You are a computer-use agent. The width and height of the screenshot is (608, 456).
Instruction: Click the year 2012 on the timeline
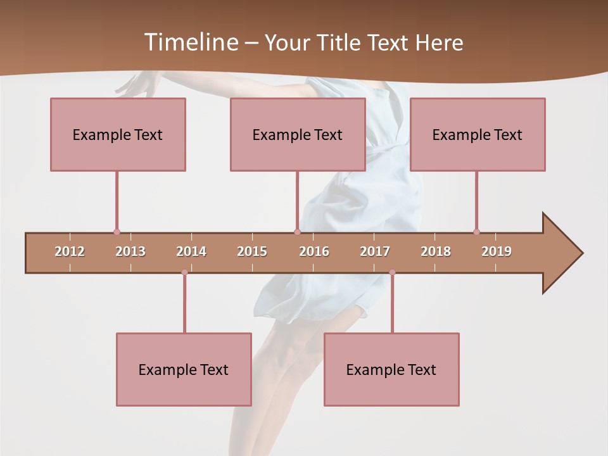(x=70, y=251)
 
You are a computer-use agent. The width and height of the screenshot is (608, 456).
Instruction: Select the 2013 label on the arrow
(x=130, y=251)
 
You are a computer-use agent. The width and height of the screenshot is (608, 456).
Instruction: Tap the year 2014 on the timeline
(x=191, y=251)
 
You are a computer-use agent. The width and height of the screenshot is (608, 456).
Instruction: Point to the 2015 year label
(x=252, y=251)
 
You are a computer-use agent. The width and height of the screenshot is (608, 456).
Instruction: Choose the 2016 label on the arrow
(x=314, y=251)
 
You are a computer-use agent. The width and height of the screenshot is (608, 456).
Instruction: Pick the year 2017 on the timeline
(x=375, y=251)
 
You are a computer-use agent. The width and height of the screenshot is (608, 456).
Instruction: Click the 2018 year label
(x=436, y=251)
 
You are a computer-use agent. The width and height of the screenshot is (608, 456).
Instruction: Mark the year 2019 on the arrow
(x=497, y=251)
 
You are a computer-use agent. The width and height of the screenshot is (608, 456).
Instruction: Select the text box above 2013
(x=118, y=134)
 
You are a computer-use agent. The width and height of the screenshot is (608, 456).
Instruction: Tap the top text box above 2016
(x=298, y=134)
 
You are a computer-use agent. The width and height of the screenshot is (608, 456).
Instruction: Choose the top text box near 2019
(x=478, y=134)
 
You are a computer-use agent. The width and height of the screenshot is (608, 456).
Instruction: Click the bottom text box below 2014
(x=184, y=369)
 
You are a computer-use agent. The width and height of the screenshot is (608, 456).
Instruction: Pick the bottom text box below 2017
(x=391, y=369)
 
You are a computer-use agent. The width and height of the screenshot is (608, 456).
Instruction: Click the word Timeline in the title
(x=190, y=42)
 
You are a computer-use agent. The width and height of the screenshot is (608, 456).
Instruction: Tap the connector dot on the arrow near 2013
(x=117, y=232)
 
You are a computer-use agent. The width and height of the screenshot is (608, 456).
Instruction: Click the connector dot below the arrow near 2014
(x=184, y=272)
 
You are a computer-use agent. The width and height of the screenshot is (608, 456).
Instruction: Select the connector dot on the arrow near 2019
(x=476, y=232)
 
